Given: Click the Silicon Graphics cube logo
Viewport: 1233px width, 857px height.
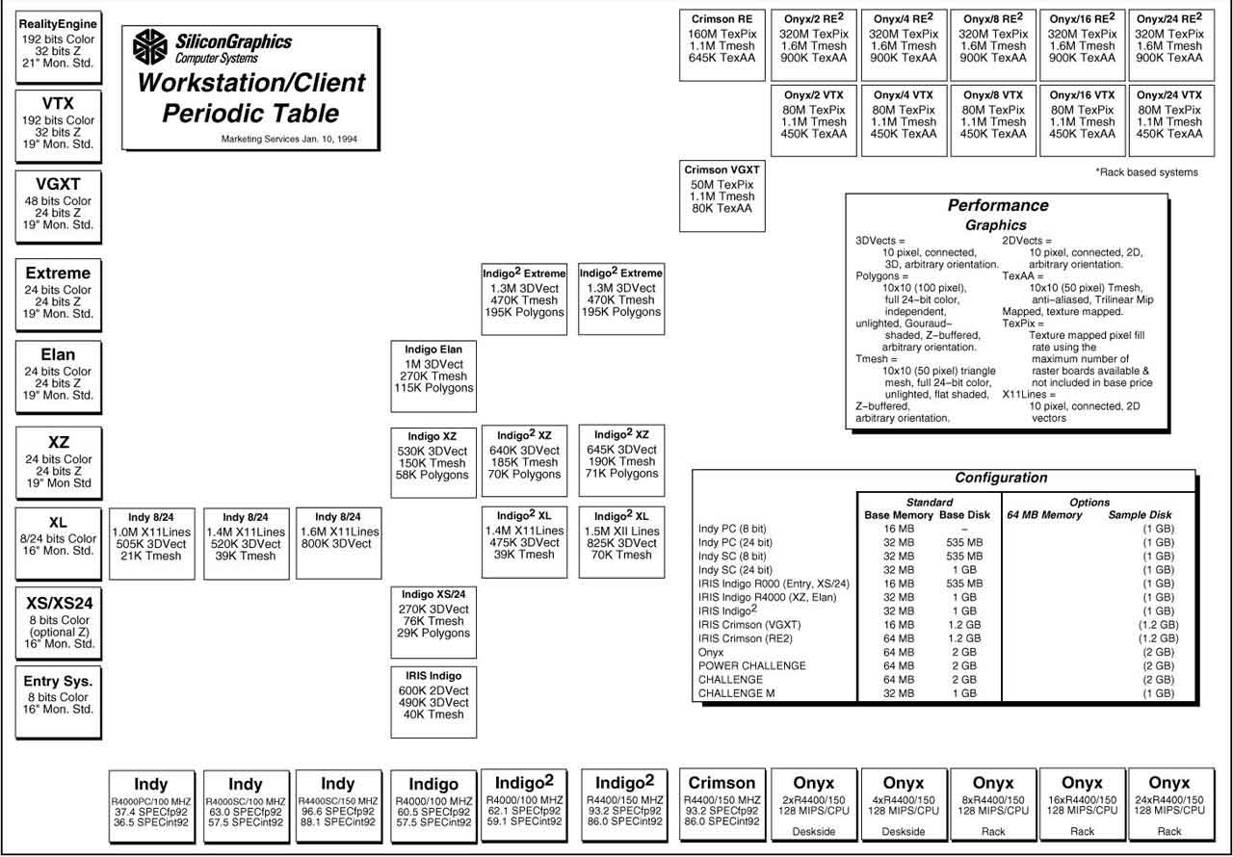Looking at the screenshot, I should pyautogui.click(x=149, y=47).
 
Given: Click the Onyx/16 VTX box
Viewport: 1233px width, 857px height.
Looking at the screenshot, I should pyautogui.click(x=1082, y=120).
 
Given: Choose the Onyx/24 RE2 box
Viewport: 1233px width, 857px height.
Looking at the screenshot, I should pyautogui.click(x=1169, y=44).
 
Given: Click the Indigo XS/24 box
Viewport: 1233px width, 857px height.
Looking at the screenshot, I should pyautogui.click(x=433, y=620).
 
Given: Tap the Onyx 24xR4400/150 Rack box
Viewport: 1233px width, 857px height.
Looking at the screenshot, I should pyautogui.click(x=1169, y=804).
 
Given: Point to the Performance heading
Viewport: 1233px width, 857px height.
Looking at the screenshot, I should pyautogui.click(x=998, y=205).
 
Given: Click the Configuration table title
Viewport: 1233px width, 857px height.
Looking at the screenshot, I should pyautogui.click(x=1001, y=478).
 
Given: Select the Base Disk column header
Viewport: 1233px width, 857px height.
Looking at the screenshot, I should pyautogui.click(x=964, y=515).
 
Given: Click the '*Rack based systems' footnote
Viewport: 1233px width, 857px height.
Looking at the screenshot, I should pyautogui.click(x=1146, y=172).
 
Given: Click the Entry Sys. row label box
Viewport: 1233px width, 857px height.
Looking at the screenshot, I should pyautogui.click(x=58, y=700).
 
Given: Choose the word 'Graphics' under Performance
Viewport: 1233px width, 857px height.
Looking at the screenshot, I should pyautogui.click(x=996, y=225).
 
